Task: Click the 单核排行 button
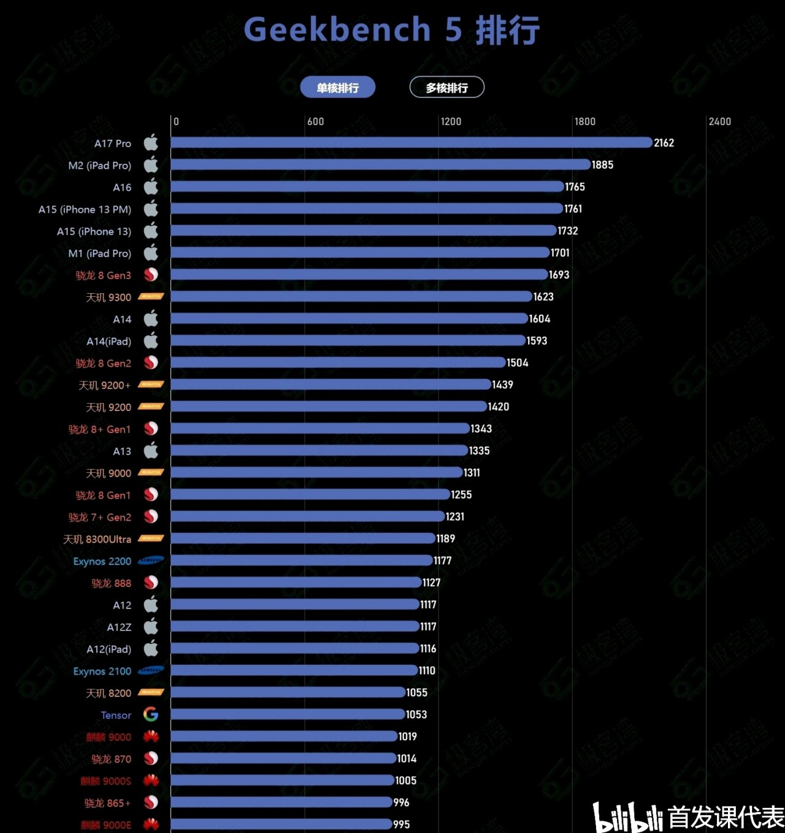click(337, 88)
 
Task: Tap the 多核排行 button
click(446, 88)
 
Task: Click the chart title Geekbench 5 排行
click(392, 30)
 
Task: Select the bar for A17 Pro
click(411, 142)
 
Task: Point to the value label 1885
click(602, 165)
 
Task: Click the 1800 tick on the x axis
click(584, 121)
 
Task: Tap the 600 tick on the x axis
click(315, 121)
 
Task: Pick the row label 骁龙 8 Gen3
click(103, 275)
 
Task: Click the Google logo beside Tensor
click(151, 715)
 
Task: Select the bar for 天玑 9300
click(351, 297)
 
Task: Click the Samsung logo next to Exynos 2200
click(151, 561)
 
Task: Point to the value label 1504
click(517, 363)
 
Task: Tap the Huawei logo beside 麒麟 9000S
click(151, 781)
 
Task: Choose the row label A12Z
click(119, 627)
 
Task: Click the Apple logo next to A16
click(151, 187)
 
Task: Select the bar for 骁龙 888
click(296, 583)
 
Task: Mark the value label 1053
click(416, 715)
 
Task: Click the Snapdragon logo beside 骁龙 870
click(151, 759)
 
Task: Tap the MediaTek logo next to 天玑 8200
click(151, 693)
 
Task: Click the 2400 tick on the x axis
click(719, 121)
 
